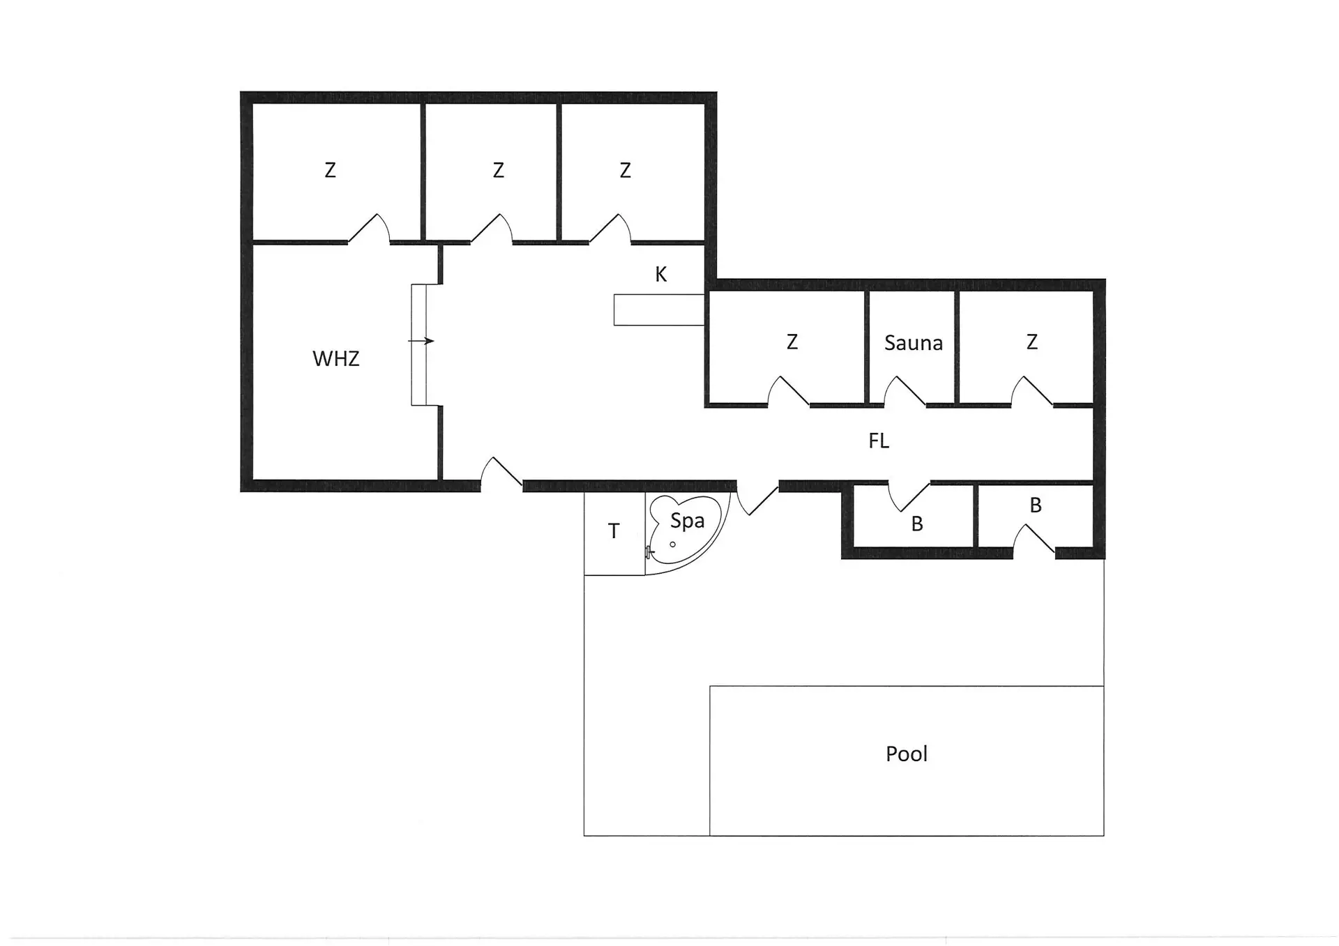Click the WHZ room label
(x=335, y=358)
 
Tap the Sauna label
(x=913, y=342)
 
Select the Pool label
(x=906, y=754)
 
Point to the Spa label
(x=687, y=521)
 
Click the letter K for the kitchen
(x=660, y=275)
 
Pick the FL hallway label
(x=879, y=441)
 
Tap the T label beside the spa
(x=614, y=531)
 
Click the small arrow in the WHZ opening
(x=421, y=341)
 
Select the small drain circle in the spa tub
(x=673, y=544)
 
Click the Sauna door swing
(x=905, y=391)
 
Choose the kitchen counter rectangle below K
(x=659, y=310)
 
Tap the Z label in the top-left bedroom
(x=330, y=170)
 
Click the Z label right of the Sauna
(x=1031, y=342)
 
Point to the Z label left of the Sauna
(x=792, y=342)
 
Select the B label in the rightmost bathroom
(x=1036, y=505)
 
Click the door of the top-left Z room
(x=368, y=229)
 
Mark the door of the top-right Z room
(x=610, y=229)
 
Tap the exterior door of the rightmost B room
(x=1034, y=539)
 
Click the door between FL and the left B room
(x=909, y=495)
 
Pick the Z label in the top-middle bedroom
(x=498, y=170)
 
